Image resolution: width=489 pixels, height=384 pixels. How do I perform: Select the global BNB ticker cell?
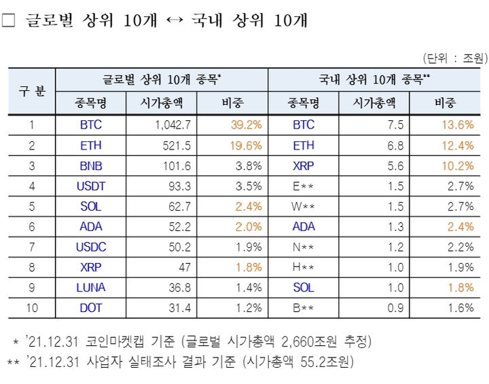91,165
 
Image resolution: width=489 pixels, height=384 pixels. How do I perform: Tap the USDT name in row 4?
91,186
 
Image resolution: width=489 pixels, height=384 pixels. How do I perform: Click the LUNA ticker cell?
91,287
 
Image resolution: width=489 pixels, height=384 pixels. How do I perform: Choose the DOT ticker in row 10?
91,308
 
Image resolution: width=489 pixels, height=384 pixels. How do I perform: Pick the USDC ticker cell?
91,247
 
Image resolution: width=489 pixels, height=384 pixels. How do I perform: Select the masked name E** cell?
304,186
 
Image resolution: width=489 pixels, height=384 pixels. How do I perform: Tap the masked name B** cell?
304,308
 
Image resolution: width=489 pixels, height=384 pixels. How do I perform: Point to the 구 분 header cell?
31,91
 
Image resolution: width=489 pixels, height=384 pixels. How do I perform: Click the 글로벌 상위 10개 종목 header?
162,80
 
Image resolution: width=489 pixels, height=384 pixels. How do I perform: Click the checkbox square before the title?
8,21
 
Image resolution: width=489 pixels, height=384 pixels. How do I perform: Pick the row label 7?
31,247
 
